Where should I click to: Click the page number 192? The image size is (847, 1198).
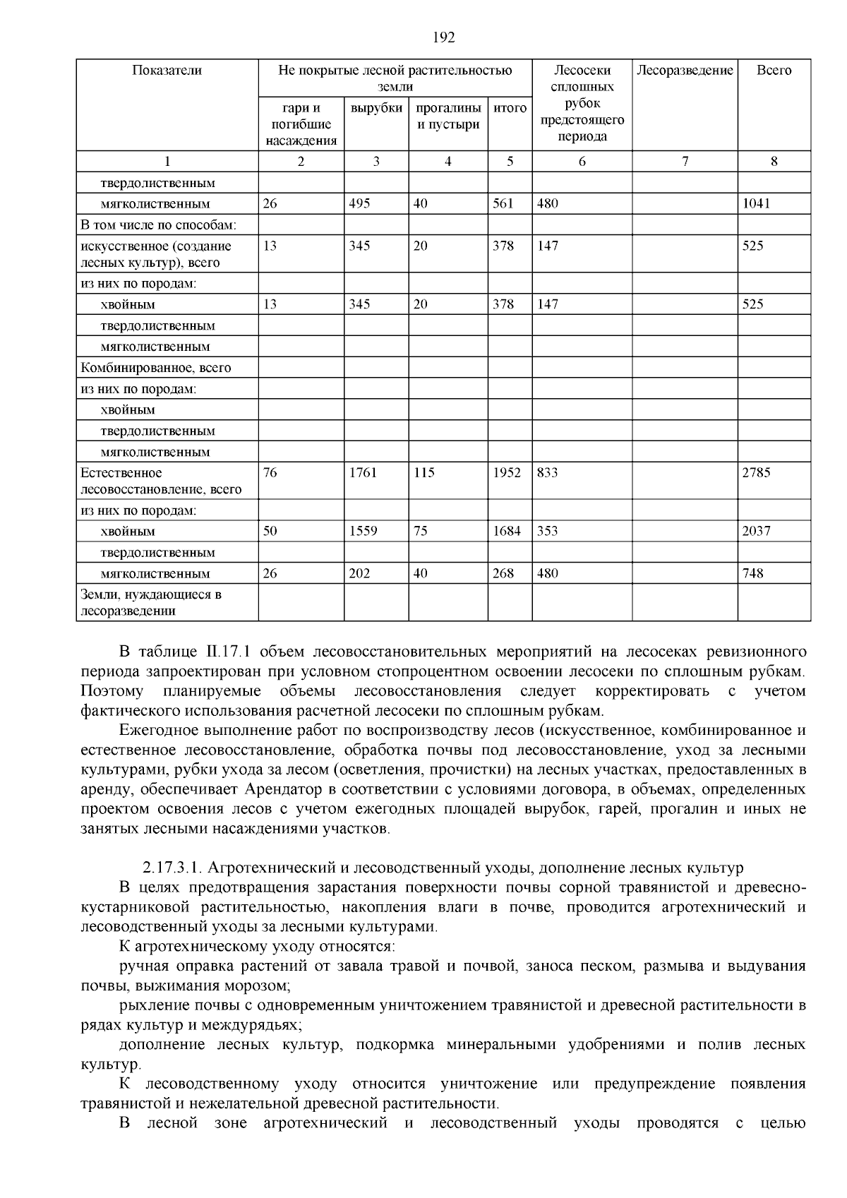443,38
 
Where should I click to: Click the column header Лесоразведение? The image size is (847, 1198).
685,71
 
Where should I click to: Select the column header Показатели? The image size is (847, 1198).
167,71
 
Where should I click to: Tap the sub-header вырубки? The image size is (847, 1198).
376,109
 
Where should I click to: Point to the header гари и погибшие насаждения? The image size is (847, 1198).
301,124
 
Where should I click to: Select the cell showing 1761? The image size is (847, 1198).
363,473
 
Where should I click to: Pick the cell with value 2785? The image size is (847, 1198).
756,473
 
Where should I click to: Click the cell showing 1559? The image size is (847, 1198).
363,532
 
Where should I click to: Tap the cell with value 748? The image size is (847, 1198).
752,574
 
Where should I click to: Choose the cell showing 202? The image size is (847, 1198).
359,574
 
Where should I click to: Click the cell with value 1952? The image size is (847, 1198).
506,473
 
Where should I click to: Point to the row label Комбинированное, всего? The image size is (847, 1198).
156,368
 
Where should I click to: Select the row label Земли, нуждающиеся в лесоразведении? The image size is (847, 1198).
151,603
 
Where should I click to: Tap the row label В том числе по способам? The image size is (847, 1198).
158,225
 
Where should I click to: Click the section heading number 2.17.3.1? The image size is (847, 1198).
172,868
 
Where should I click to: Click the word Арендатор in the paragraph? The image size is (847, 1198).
280,789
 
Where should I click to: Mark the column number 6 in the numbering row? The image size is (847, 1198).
582,162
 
